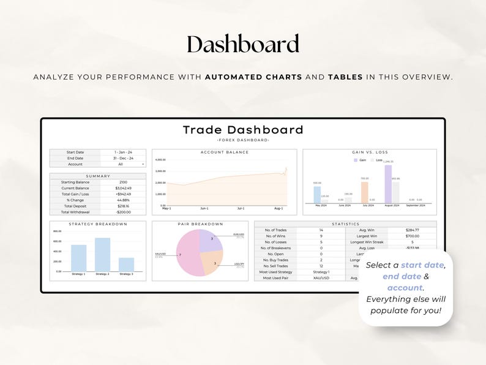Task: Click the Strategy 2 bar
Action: pyautogui.click(x=102, y=255)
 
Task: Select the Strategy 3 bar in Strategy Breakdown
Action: pyautogui.click(x=126, y=265)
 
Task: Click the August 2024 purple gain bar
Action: pyautogui.click(x=388, y=184)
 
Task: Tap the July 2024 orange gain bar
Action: pyautogui.click(x=364, y=192)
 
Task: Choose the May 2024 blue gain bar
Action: pyautogui.click(x=317, y=195)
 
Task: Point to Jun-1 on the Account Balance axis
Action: pyautogui.click(x=204, y=209)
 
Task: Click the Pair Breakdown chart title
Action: pyautogui.click(x=200, y=224)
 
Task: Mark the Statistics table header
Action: pyautogui.click(x=345, y=224)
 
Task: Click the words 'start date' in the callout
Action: pyautogui.click(x=423, y=265)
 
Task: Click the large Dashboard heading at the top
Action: pyautogui.click(x=243, y=45)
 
